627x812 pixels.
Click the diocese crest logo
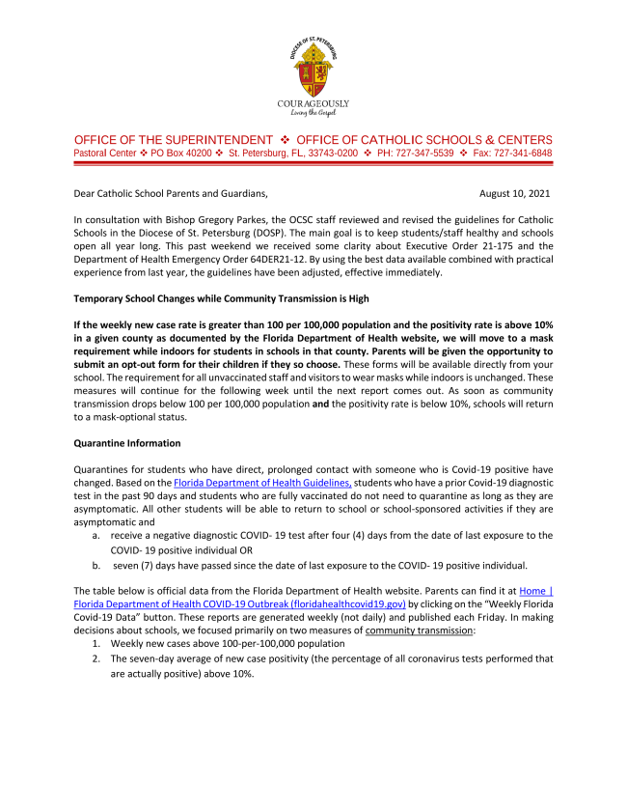[313, 65]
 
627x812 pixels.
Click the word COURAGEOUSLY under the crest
[313, 103]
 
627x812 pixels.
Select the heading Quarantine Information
[121, 444]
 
